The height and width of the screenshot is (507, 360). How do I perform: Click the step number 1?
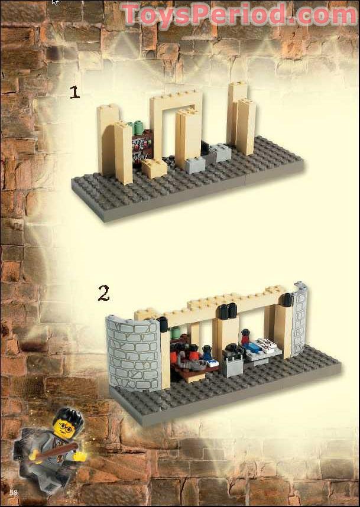74,92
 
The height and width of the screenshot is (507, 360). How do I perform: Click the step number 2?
103,293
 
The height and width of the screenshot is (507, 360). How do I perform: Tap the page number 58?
13,492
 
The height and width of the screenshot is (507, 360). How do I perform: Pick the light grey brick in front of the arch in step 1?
195,164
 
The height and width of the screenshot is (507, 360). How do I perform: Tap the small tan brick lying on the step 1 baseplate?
154,168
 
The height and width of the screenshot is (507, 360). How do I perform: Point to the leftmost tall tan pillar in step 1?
107,139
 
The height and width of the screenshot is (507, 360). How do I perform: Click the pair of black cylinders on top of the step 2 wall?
228,311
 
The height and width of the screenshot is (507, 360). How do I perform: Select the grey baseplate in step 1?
177,189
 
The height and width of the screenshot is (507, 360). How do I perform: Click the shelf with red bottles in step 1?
142,148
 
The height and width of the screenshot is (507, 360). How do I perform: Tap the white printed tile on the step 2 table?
267,344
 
